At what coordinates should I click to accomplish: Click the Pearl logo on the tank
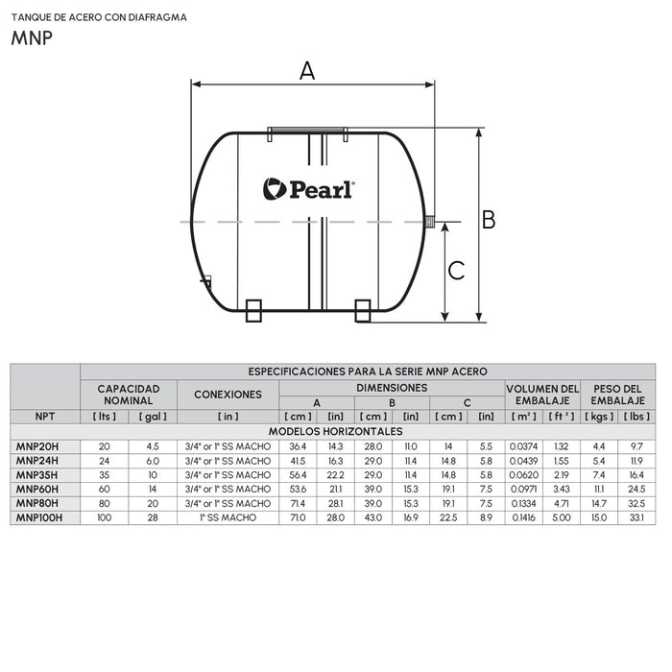pos(308,189)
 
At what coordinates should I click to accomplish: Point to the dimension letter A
pos(307,70)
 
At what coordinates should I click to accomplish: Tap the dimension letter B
pos(488,220)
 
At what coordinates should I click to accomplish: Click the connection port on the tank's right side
pos(429,222)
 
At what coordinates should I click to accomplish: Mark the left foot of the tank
pos(254,310)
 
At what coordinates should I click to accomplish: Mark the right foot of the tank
pos(363,310)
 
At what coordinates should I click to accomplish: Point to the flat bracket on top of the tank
pos(306,129)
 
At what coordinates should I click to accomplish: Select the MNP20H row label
pos(37,445)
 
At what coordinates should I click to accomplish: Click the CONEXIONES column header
pos(228,394)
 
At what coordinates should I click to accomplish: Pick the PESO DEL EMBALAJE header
pos(617,394)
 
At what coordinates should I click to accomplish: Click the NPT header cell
pos(44,417)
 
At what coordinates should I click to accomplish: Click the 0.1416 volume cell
pos(524,517)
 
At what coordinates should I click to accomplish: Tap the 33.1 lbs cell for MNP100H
pos(636,517)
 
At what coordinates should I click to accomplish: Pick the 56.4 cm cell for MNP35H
pos(298,474)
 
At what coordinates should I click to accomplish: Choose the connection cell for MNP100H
pos(228,517)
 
